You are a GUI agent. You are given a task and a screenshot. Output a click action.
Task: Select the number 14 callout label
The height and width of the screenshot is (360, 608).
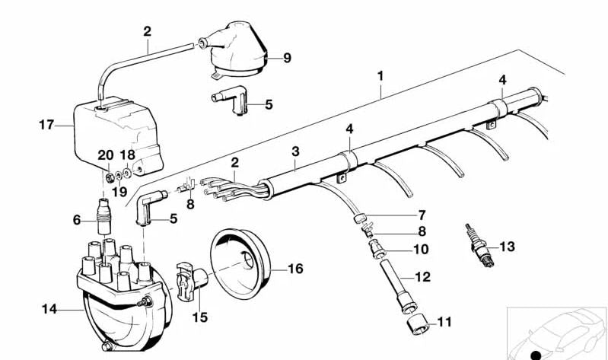(x=49, y=308)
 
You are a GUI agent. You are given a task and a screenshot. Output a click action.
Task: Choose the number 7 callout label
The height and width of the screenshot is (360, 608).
(x=421, y=215)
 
